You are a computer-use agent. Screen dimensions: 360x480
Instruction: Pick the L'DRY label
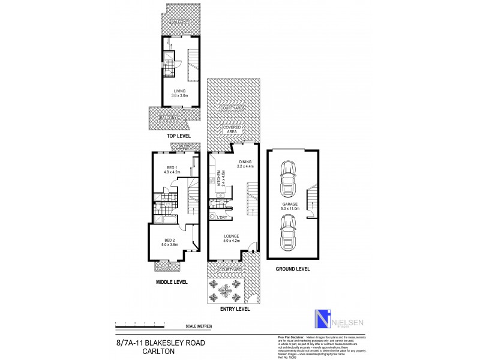point(230,217)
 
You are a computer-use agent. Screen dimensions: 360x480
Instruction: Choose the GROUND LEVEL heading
point(293,269)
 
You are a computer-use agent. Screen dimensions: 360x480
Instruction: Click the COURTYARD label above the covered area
point(232,108)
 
